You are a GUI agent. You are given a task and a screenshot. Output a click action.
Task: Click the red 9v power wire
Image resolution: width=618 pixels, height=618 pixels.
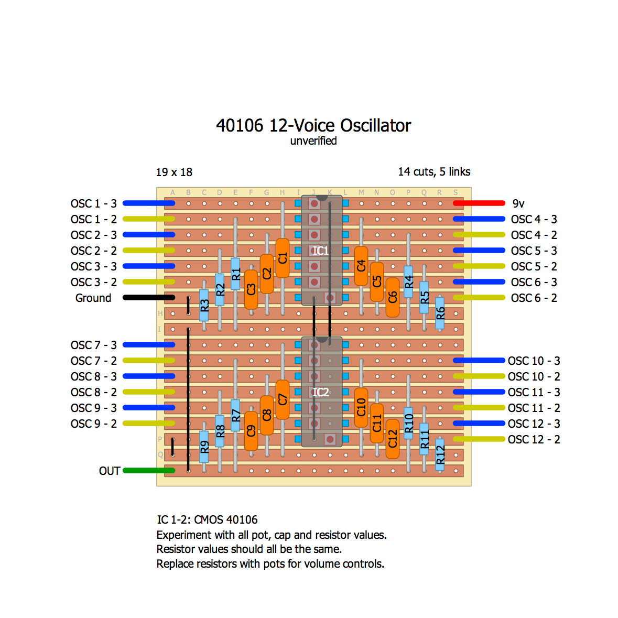[479, 203]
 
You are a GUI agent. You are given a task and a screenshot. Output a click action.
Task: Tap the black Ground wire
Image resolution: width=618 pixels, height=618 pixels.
[148, 298]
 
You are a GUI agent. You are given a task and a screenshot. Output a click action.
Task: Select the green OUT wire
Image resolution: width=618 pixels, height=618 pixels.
[148, 471]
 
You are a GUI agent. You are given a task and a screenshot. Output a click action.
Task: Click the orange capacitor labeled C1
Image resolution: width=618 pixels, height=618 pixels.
[283, 258]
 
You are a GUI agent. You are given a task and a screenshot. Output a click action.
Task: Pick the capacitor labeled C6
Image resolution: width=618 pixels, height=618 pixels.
[393, 297]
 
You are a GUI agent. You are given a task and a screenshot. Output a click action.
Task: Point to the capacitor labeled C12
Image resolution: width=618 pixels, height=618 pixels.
[393, 439]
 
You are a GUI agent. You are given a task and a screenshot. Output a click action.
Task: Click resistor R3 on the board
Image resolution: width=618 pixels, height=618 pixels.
[204, 305]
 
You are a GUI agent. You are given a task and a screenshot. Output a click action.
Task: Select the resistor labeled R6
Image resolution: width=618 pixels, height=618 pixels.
[440, 313]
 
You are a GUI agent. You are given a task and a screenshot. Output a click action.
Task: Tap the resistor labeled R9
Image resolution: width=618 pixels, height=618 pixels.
[204, 447]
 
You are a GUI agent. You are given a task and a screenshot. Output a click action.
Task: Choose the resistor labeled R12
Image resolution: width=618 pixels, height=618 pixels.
[440, 454]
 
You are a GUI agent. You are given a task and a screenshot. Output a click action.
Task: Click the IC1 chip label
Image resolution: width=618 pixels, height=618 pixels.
[320, 251]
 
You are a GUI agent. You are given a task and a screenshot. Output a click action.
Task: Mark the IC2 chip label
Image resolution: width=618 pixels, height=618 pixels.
[320, 392]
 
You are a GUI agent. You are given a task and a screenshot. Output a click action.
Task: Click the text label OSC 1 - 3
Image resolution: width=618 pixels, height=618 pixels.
[94, 203]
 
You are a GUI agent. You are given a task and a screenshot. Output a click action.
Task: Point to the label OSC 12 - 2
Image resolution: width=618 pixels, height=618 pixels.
[534, 439]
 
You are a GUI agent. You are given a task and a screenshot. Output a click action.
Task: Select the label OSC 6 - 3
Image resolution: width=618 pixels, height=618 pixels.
[534, 282]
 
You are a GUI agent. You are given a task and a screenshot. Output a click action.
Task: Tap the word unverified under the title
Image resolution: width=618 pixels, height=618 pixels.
[313, 141]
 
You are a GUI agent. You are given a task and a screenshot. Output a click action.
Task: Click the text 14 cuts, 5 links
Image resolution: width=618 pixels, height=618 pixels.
[434, 172]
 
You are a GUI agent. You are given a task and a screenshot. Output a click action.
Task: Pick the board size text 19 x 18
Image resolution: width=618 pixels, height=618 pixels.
[174, 172]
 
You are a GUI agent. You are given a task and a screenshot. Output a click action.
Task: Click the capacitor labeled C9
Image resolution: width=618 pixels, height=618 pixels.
[251, 431]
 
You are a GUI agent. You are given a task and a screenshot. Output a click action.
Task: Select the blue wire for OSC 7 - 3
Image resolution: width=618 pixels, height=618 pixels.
[148, 345]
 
